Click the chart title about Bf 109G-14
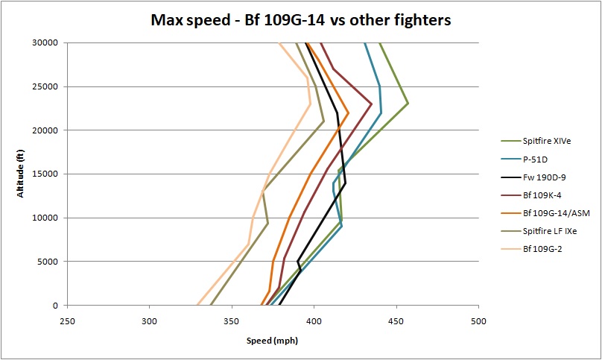[x=299, y=20]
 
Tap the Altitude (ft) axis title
[x=22, y=174]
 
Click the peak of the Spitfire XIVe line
[x=408, y=103]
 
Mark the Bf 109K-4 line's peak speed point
[x=372, y=104]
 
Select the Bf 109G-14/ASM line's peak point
[x=348, y=113]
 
